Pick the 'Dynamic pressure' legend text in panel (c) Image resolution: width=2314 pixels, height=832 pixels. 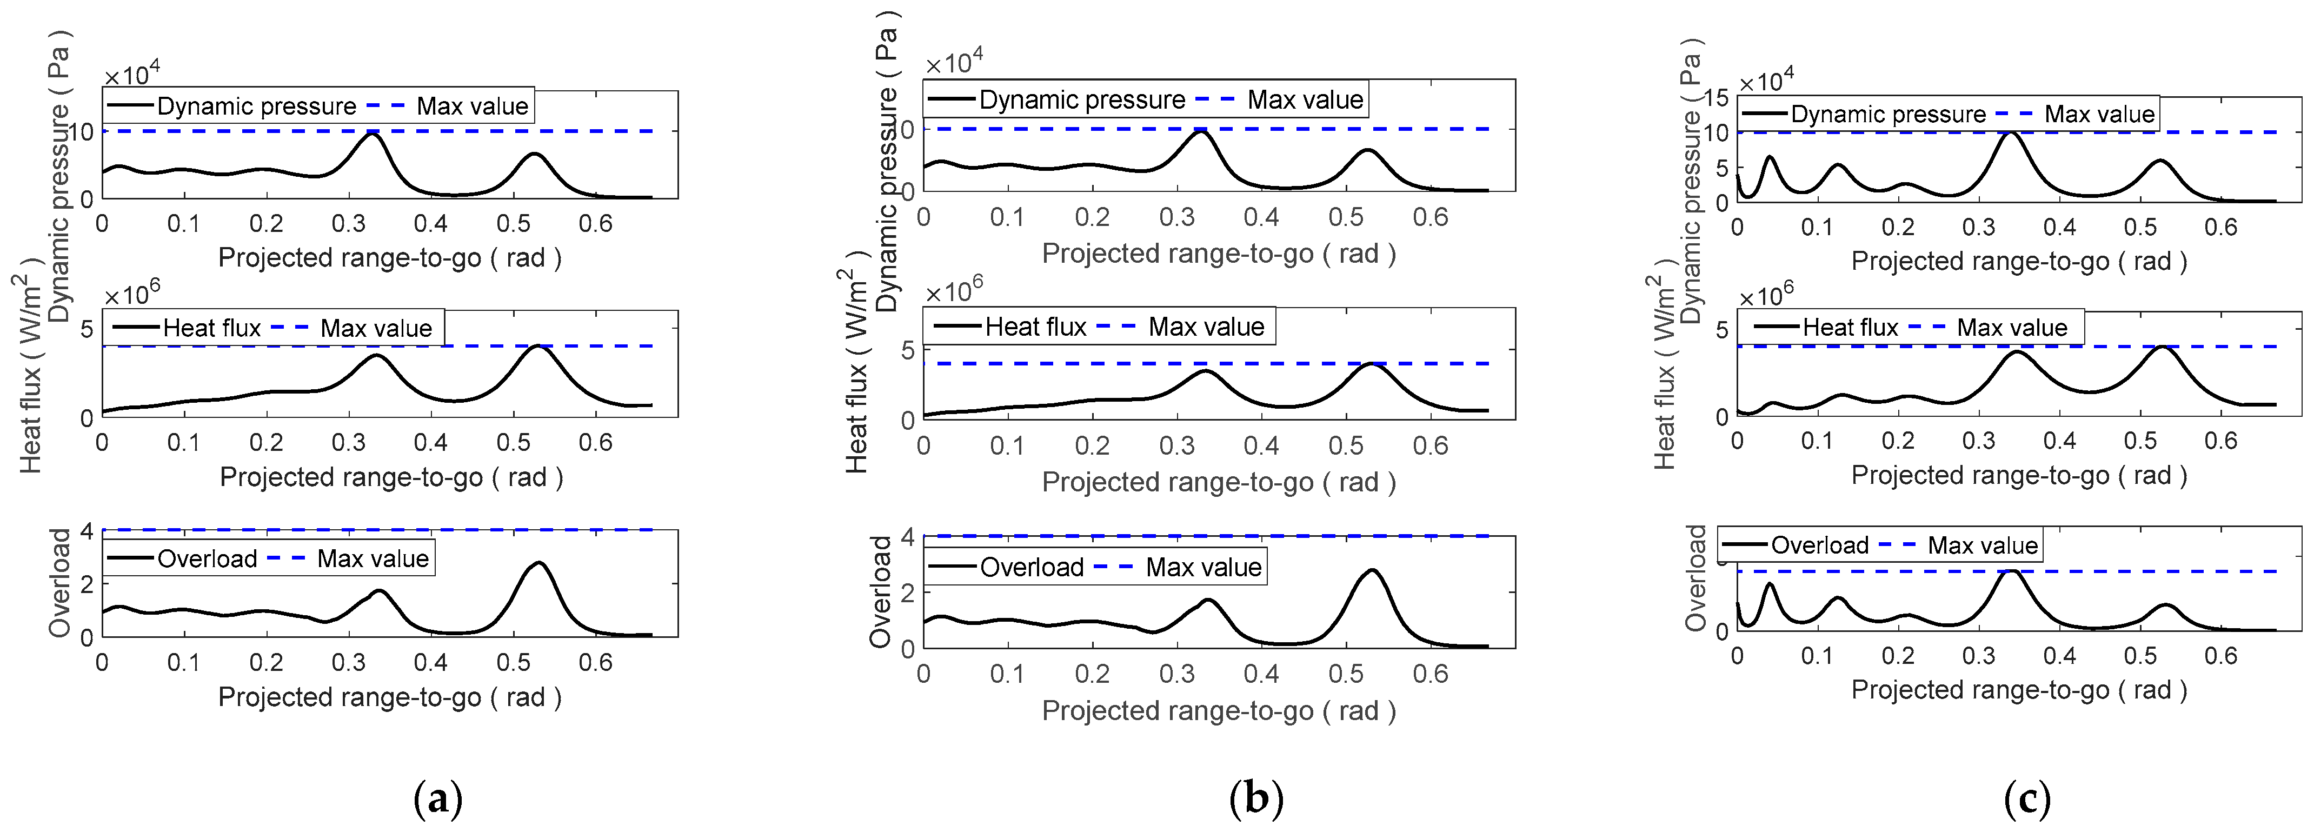point(1887,114)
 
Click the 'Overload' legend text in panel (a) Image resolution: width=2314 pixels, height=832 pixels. point(207,559)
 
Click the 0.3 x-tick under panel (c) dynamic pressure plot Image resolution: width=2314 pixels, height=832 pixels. point(1979,227)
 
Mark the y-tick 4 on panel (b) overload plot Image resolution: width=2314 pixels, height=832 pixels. point(907,536)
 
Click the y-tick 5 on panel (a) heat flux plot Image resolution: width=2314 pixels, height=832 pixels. point(87,329)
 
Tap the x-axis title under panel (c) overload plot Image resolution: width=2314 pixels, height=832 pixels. point(2018,690)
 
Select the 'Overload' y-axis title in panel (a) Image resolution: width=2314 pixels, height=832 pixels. point(59,583)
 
